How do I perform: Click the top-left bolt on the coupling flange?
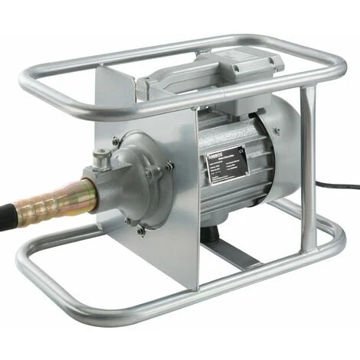pos(115,141)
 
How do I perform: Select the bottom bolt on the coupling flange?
pos(140,228)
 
